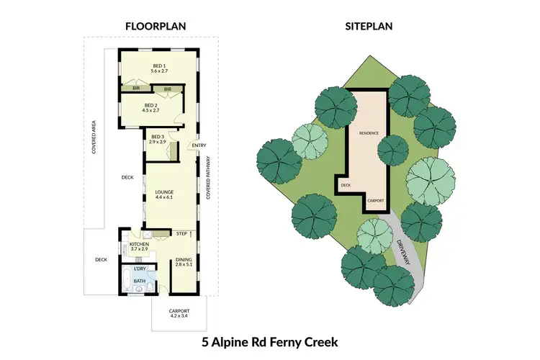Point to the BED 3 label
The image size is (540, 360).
coord(158,137)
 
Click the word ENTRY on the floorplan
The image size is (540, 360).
coord(199,145)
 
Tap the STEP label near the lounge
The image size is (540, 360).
coord(181,234)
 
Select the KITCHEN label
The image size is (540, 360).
coord(139,244)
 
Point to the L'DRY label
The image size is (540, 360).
coord(140,269)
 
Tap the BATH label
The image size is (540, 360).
coord(139,282)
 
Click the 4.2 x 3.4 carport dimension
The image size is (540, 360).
coord(179,315)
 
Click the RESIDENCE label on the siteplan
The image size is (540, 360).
coord(368,133)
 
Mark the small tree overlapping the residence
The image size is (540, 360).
coord(392,150)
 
